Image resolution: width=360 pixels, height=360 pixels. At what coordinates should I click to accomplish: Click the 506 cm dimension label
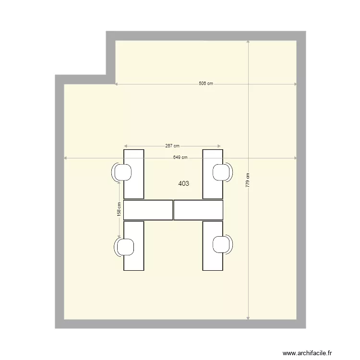tap(206, 84)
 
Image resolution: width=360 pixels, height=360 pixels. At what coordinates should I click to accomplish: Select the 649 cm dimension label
tap(180, 157)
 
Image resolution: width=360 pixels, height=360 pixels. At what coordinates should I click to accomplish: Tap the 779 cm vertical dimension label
tap(248, 180)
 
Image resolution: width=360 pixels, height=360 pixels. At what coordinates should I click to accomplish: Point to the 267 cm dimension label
tap(172, 145)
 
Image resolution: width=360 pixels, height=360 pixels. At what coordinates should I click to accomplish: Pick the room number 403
tap(183, 183)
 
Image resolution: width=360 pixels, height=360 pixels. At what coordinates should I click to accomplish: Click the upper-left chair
tap(123, 172)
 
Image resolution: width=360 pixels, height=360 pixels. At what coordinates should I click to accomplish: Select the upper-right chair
tap(221, 172)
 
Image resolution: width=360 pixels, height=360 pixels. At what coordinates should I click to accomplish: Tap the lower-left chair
tap(125, 246)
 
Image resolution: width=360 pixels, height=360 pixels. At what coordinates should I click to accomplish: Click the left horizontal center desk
tap(148, 210)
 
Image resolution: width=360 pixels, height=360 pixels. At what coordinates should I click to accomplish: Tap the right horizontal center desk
tap(199, 210)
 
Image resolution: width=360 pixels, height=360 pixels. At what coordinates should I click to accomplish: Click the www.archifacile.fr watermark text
tap(307, 353)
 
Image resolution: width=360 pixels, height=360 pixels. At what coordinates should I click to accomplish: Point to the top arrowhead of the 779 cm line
tap(248, 42)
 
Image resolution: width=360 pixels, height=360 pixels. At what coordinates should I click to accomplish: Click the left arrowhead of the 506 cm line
tap(116, 84)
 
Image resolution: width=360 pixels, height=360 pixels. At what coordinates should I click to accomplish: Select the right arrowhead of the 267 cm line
tap(219, 146)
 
